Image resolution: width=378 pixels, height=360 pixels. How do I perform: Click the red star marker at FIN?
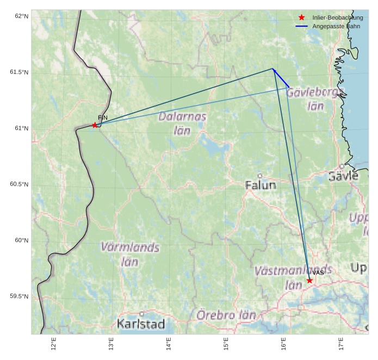point(95,125)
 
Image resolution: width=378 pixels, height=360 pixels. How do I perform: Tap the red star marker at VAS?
point(309,281)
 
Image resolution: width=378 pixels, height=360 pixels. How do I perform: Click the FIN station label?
point(103,117)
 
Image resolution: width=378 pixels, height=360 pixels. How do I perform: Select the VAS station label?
point(318,272)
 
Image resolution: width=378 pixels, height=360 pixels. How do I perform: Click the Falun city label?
point(261,185)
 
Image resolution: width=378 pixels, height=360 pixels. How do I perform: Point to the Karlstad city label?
point(140,324)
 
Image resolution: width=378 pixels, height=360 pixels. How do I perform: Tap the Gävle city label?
point(343,176)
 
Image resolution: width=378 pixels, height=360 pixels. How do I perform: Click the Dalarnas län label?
point(182,123)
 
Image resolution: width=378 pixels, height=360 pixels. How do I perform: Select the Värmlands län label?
point(130,254)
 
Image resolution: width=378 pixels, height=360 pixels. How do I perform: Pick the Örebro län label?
point(226,315)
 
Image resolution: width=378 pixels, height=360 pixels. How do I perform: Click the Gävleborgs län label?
point(315,98)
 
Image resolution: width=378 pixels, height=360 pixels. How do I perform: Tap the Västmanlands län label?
point(293,277)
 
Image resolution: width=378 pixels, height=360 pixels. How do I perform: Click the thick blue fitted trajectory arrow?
point(281,78)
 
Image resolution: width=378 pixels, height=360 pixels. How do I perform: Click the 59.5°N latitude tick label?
point(19,296)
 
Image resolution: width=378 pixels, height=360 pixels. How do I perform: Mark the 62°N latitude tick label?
point(21,16)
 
